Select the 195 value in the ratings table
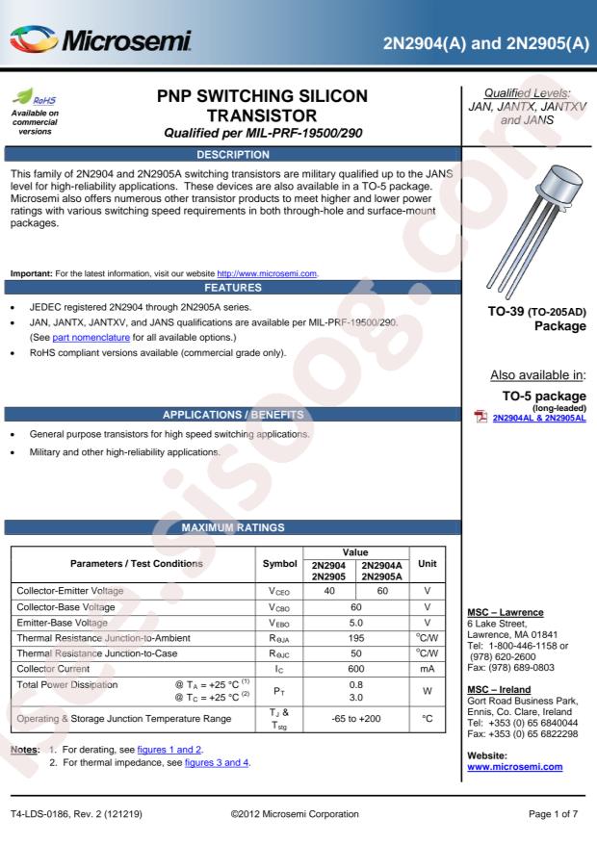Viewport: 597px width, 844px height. click(356, 638)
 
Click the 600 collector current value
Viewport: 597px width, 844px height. click(356, 667)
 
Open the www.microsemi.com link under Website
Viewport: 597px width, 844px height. click(514, 766)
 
